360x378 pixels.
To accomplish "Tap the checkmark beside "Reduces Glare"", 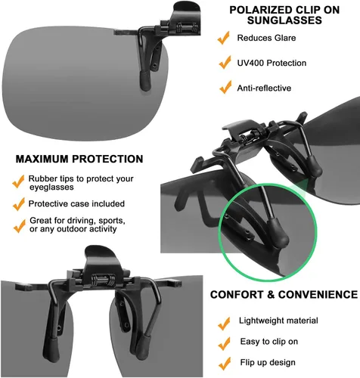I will pyautogui.click(x=225, y=37).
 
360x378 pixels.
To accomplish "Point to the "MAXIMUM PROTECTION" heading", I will pyautogui.click(x=79, y=160).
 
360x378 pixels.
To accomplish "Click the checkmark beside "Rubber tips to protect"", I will pyautogui.click(x=17, y=181).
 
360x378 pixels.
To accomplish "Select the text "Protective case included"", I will pyautogui.click(x=76, y=203).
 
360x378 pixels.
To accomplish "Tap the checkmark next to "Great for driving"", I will pyautogui.click(x=17, y=225).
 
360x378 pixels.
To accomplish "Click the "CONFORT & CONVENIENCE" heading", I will pyautogui.click(x=284, y=294).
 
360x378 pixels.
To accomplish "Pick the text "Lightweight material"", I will pyautogui.click(x=277, y=320).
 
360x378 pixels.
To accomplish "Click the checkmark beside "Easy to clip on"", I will pyautogui.click(x=225, y=342).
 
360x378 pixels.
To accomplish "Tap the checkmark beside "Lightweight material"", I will pyautogui.click(x=225, y=321).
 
